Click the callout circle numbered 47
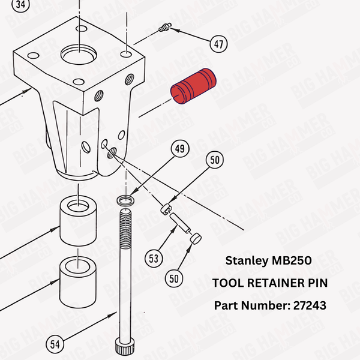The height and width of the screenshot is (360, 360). tap(219, 43)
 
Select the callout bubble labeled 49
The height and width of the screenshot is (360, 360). tap(179, 149)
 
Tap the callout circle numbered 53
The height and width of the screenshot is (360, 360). tap(155, 259)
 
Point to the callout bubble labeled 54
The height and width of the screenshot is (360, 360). tap(55, 344)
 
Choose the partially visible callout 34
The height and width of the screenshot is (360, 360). tap(22, 5)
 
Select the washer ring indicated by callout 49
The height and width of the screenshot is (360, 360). tap(125, 200)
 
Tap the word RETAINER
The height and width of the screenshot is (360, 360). tap(272, 283)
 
